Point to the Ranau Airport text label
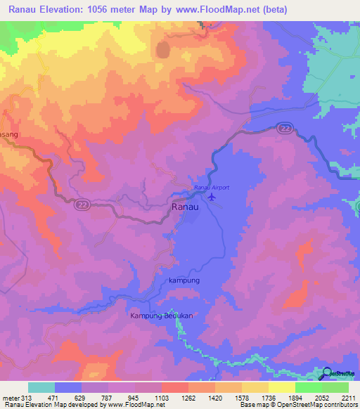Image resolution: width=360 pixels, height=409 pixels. (x=212, y=188)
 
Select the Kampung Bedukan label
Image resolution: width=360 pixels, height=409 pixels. (x=162, y=316)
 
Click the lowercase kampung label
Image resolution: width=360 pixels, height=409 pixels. (x=185, y=280)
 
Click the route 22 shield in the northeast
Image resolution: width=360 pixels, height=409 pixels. (x=284, y=127)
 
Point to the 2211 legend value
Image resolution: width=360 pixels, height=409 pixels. (x=348, y=397)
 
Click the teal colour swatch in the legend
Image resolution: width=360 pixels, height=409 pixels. (x=41, y=387)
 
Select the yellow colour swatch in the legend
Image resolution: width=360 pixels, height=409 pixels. (x=281, y=387)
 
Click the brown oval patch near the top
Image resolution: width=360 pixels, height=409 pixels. (x=163, y=50)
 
